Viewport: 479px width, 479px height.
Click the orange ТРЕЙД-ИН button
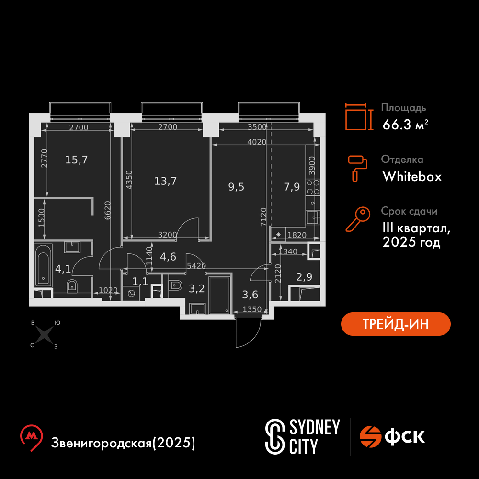coord(396,324)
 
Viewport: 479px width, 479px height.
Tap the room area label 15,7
coord(76,160)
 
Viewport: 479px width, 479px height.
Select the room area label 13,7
coord(165,181)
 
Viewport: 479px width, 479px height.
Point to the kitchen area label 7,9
coord(292,187)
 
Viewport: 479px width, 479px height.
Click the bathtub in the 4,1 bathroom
coord(43,265)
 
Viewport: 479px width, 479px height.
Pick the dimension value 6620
coord(107,210)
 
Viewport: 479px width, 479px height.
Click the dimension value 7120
coord(263,217)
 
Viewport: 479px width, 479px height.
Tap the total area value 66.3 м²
coord(405,125)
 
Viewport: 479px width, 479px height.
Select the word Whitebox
coord(412,177)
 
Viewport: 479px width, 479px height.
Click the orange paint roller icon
coord(357,168)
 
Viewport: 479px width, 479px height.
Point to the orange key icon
coord(358,219)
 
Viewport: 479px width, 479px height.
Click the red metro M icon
coord(31,437)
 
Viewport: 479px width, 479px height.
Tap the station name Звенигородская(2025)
coord(123,443)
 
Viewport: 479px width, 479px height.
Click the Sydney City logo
coord(302,436)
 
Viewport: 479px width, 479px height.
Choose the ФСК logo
coord(392,436)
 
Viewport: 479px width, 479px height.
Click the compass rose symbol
coord(44,334)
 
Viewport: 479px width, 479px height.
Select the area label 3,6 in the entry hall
coord(250,295)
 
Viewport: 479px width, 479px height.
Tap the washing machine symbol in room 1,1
coord(131,293)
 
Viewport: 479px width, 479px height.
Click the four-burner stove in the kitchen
coord(313,187)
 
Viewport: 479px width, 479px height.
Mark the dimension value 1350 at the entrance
coord(252,309)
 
